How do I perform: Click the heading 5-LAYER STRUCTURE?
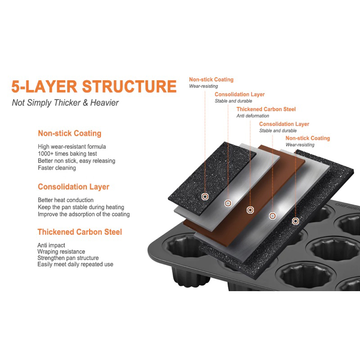pyautogui.click(x=94, y=86)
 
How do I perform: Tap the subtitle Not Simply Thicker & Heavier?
pyautogui.click(x=65, y=103)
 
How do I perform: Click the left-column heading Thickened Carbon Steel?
pyautogui.click(x=80, y=232)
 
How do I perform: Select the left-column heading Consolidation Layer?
pyautogui.click(x=73, y=187)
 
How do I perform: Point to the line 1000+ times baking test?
pyautogui.click(x=67, y=153)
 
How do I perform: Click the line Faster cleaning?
pyautogui.click(x=57, y=168)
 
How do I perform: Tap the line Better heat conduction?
pyautogui.click(x=66, y=200)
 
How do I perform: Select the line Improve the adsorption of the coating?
pyautogui.click(x=84, y=214)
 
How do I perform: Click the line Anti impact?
pyautogui.click(x=51, y=245)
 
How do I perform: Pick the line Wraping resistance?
pyautogui.click(x=61, y=252)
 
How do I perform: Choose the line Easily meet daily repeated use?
pyautogui.click(x=75, y=264)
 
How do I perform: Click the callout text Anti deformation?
pyautogui.click(x=253, y=116)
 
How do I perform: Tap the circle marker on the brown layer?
pyautogui.click(x=250, y=210)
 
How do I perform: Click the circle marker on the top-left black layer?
pyautogui.click(x=205, y=197)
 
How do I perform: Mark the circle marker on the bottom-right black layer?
pyautogui.click(x=296, y=221)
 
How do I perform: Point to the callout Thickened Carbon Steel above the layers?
pyautogui.click(x=266, y=109)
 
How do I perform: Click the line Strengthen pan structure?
pyautogui.click(x=68, y=258)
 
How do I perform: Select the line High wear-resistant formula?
pyautogui.click(x=72, y=147)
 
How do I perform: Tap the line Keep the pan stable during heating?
pyautogui.click(x=81, y=207)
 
